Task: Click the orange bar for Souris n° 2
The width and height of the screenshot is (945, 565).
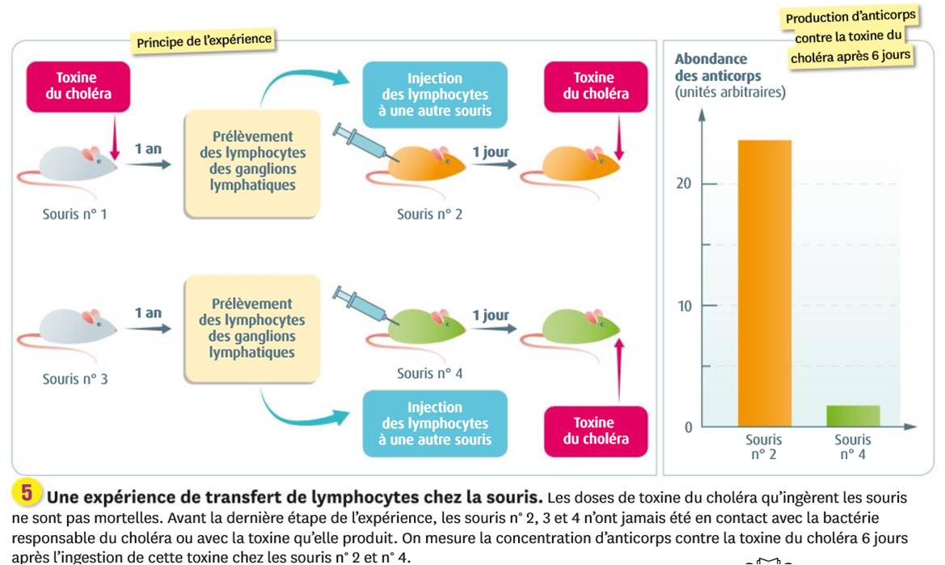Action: click(x=764, y=283)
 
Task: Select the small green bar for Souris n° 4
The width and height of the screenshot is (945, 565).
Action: click(x=853, y=416)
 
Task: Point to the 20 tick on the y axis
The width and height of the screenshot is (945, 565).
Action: click(x=709, y=184)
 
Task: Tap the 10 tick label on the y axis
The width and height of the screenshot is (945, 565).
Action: click(x=685, y=306)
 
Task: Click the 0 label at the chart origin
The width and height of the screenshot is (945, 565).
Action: click(x=688, y=427)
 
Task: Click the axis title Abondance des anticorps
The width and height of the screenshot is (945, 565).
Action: click(x=718, y=67)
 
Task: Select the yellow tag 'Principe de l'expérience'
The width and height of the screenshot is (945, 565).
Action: click(x=204, y=41)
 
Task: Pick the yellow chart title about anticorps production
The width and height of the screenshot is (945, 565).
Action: click(x=850, y=36)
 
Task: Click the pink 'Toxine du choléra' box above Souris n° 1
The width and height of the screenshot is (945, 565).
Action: click(x=78, y=87)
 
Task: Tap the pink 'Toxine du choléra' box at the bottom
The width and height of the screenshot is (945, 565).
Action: click(x=596, y=431)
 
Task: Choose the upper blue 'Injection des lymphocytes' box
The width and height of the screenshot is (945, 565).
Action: click(x=435, y=94)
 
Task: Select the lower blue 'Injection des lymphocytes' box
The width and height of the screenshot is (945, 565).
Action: click(x=435, y=423)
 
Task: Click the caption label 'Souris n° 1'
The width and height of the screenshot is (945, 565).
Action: click(x=74, y=214)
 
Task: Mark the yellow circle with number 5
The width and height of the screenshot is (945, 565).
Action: click(x=27, y=493)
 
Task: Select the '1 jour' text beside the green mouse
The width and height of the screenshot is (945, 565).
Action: click(x=491, y=315)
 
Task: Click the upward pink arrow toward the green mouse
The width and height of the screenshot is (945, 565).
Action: click(x=619, y=369)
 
